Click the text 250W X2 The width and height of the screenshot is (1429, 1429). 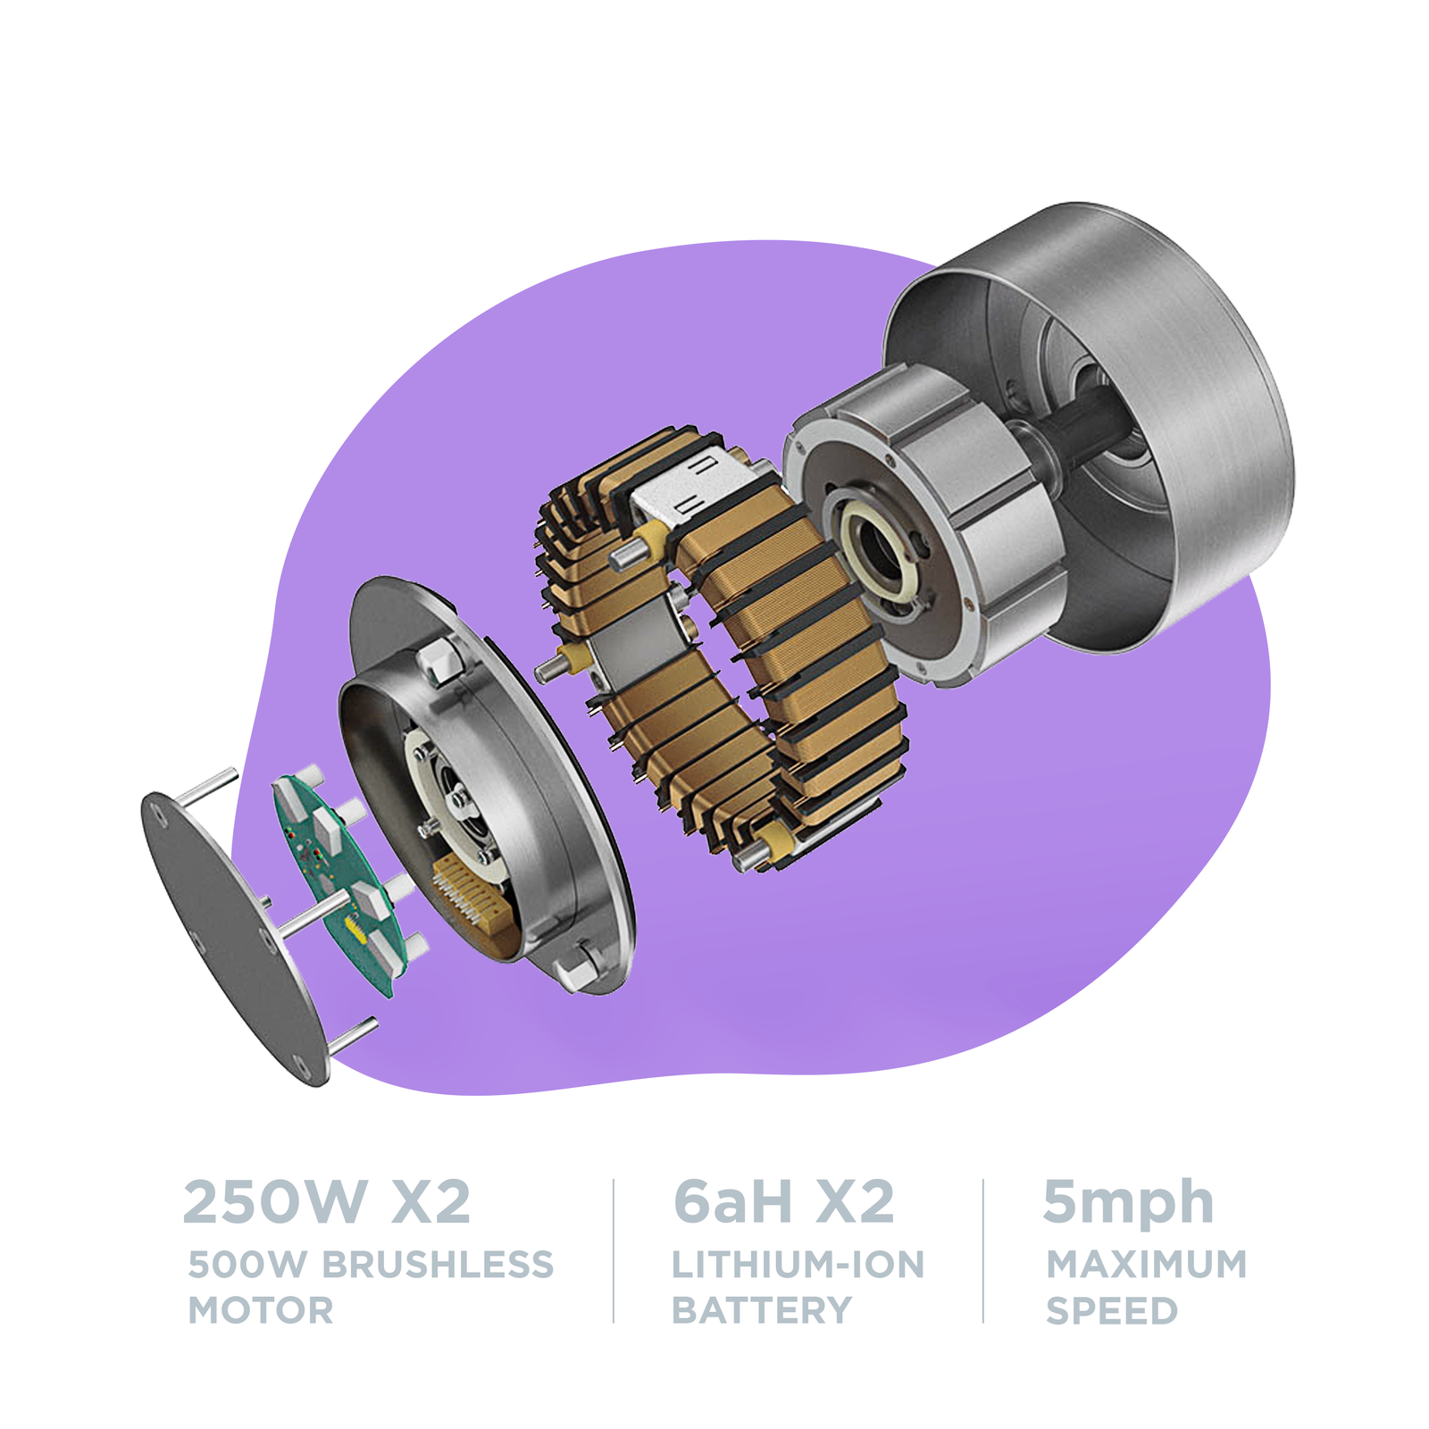[x=326, y=1202]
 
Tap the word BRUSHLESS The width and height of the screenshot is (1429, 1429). [x=438, y=1265]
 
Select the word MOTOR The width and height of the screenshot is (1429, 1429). [x=261, y=1311]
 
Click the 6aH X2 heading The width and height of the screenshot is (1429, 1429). [x=783, y=1202]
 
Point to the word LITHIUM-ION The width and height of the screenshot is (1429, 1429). [x=798, y=1265]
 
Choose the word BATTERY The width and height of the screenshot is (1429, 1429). [x=762, y=1311]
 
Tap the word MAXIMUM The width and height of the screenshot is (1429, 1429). [x=1147, y=1265]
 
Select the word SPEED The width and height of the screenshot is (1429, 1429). [x=1112, y=1311]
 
